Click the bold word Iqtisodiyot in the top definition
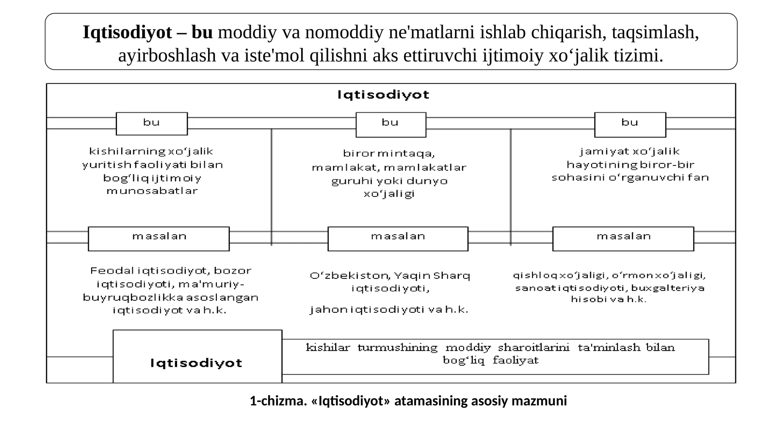click(x=127, y=32)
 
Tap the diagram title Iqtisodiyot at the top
click(x=384, y=95)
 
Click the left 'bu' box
click(x=152, y=124)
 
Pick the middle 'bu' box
click(x=391, y=125)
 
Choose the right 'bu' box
click(x=630, y=125)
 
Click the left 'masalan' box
click(x=159, y=239)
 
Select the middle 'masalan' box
click(x=398, y=239)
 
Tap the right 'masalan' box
click(x=623, y=239)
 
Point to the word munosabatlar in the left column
click(x=152, y=191)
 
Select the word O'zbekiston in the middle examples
click(x=350, y=276)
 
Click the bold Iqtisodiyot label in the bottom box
click(x=196, y=363)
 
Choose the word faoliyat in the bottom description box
click(x=516, y=360)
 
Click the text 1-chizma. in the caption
click(x=278, y=401)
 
